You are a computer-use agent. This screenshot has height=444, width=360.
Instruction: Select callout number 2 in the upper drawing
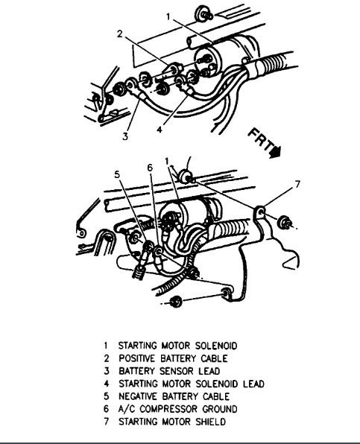point(119,34)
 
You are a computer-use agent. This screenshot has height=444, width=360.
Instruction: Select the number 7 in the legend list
point(107,422)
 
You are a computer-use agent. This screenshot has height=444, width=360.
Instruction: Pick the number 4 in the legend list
point(107,384)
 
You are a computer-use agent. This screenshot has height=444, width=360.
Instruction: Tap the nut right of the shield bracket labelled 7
point(286,222)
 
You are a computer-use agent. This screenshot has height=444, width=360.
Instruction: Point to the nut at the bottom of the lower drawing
point(176,302)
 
